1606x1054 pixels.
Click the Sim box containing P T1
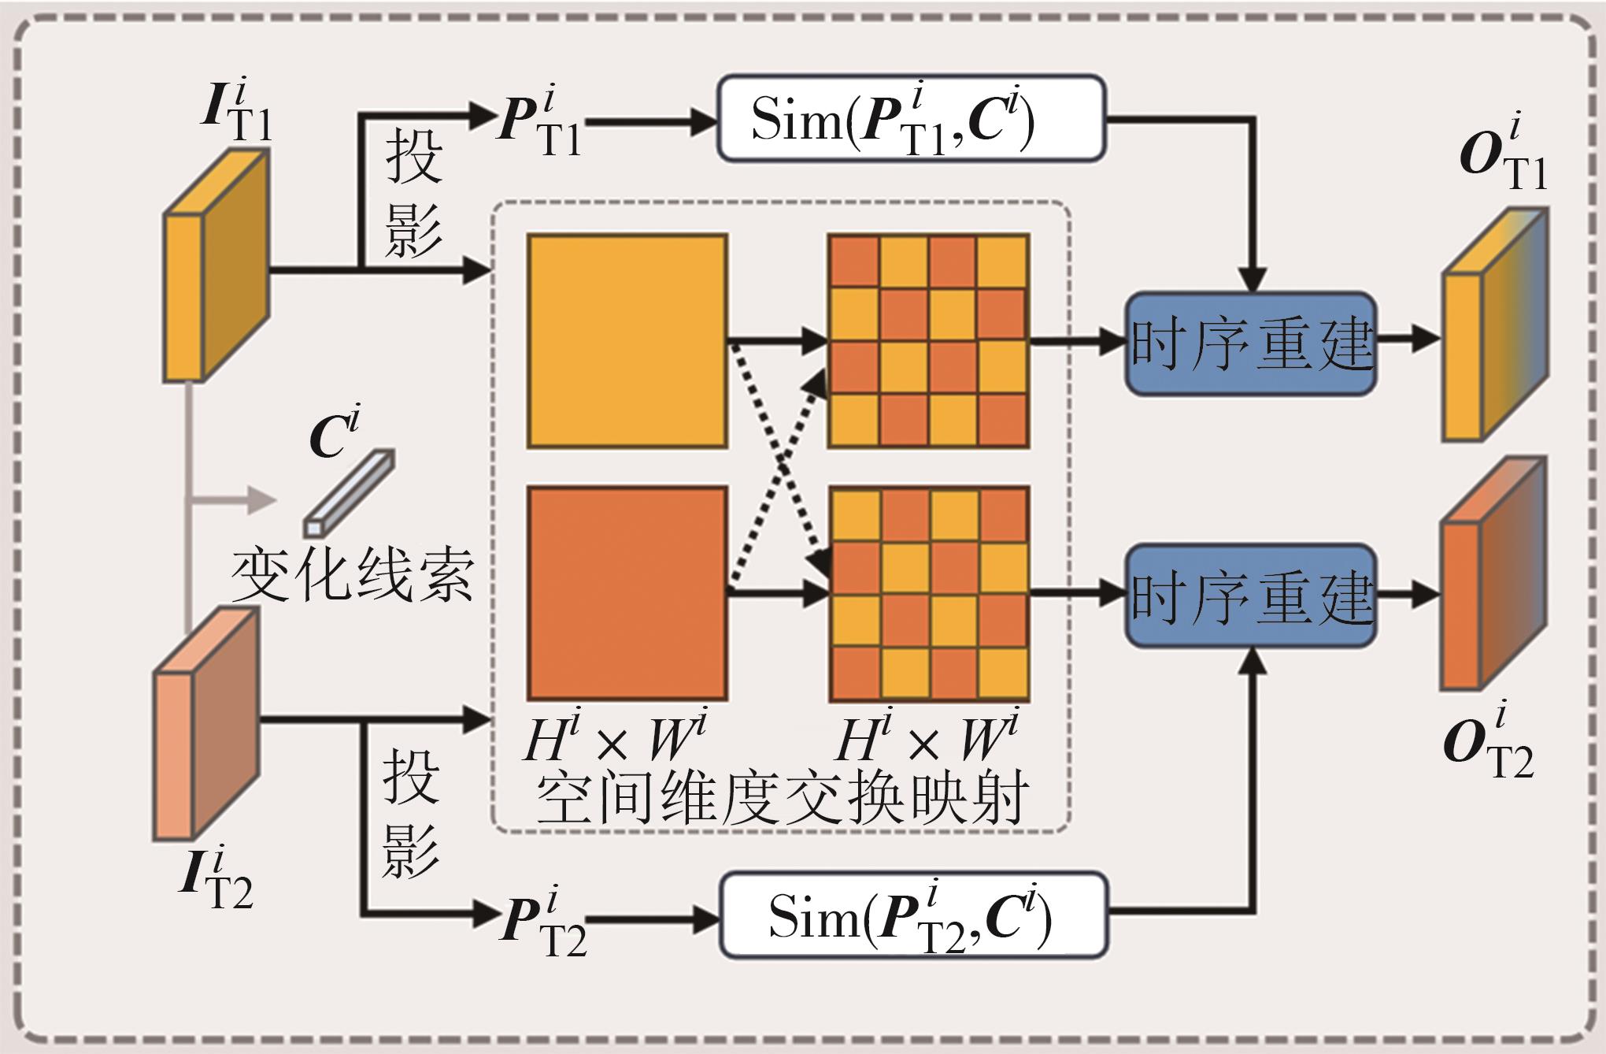(911, 119)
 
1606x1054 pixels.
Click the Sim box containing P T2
(913, 915)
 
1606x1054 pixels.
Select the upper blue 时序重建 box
(1251, 343)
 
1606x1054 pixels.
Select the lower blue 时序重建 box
(1251, 596)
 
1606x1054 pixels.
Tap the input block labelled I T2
(205, 723)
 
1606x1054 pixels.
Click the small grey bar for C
(350, 492)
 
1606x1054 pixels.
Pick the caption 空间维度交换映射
(782, 799)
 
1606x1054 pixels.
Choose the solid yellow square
(627, 341)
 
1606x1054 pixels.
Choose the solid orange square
(627, 593)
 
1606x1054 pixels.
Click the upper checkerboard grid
(928, 341)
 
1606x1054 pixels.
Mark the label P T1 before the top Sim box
(538, 122)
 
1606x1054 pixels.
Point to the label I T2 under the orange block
(214, 878)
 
